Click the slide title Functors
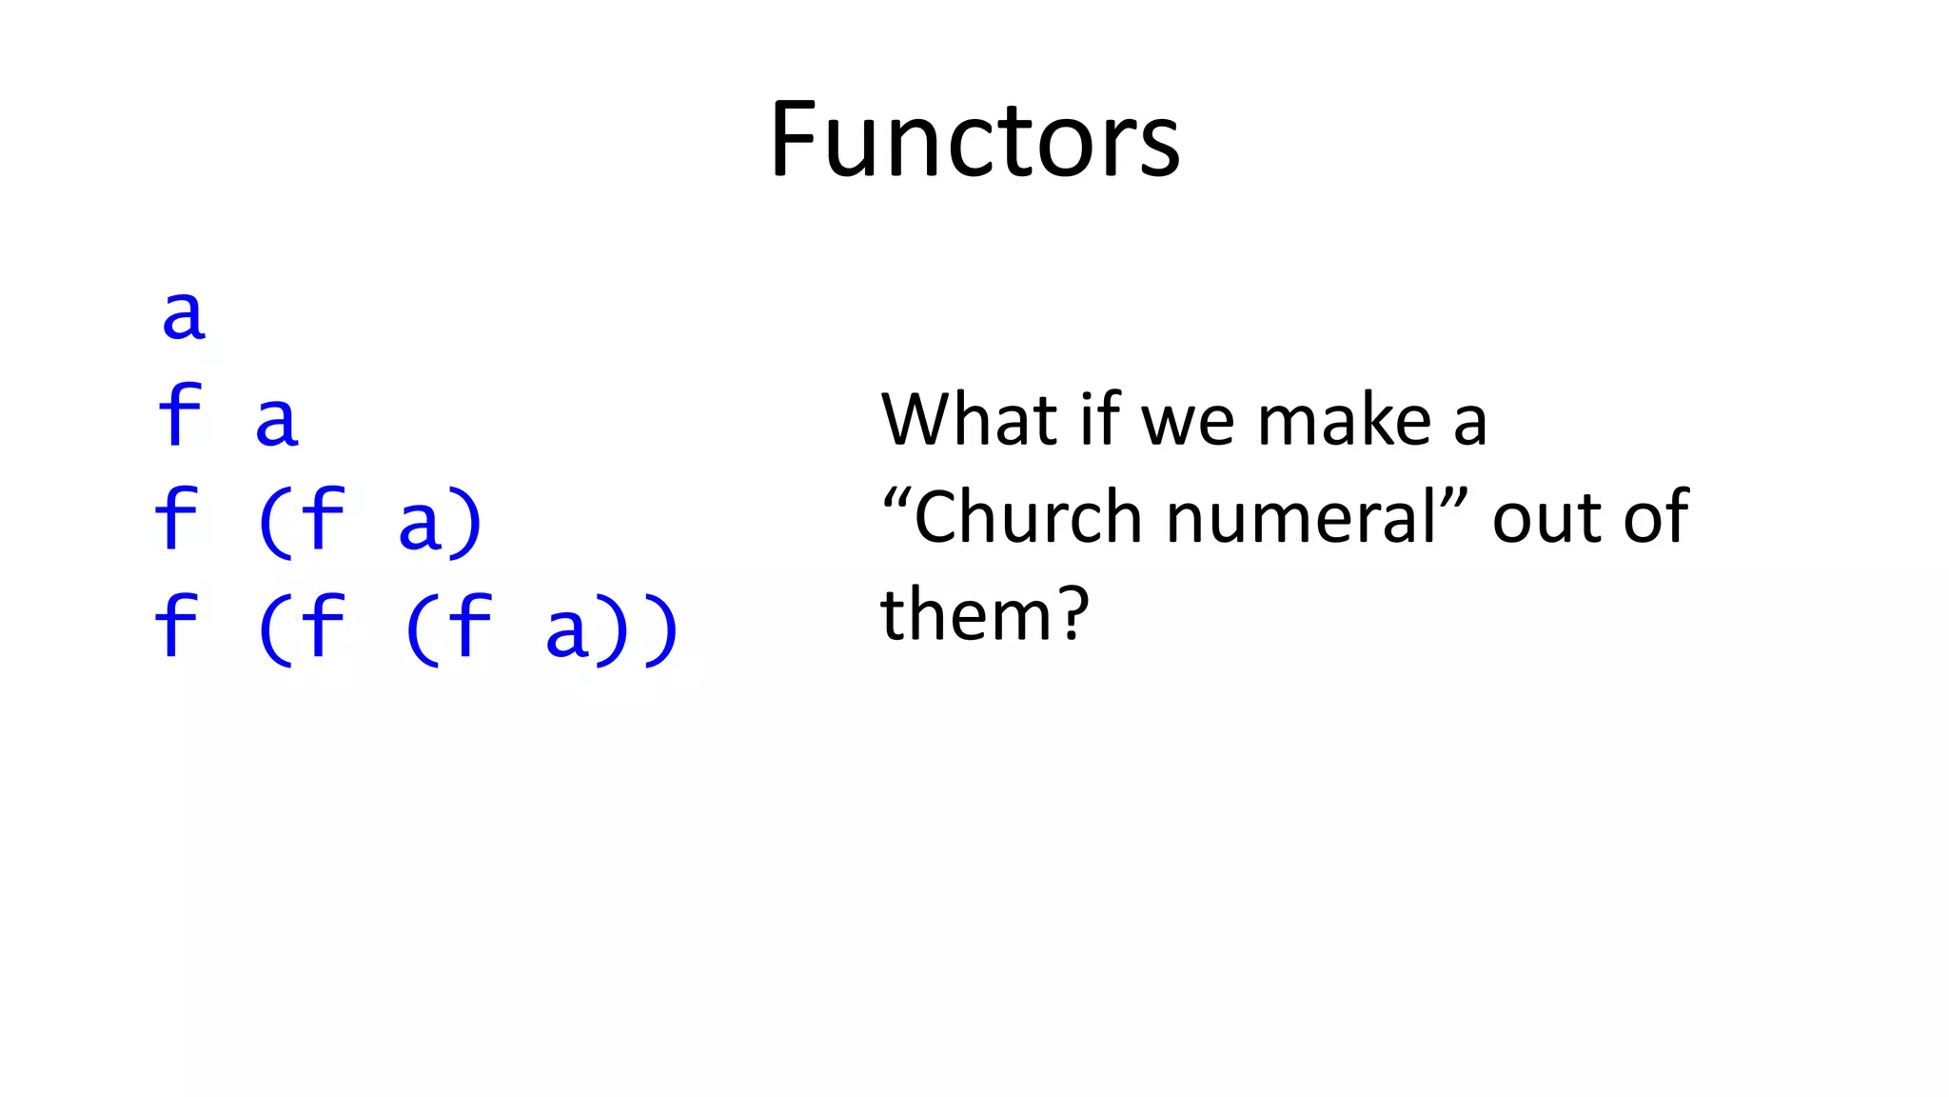[x=974, y=140]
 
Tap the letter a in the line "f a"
[x=277, y=421]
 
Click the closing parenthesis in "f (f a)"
[x=467, y=523]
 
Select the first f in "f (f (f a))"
[x=176, y=626]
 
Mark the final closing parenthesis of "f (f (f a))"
[x=661, y=629]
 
